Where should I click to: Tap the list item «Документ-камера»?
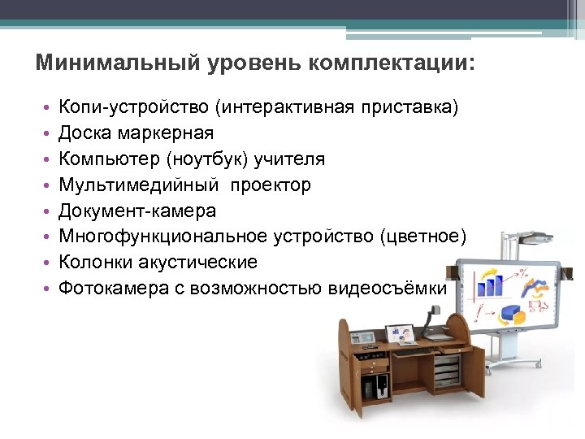pos(137,211)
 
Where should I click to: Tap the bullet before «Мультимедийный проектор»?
pos(48,186)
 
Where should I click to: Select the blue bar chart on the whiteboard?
pos(491,284)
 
